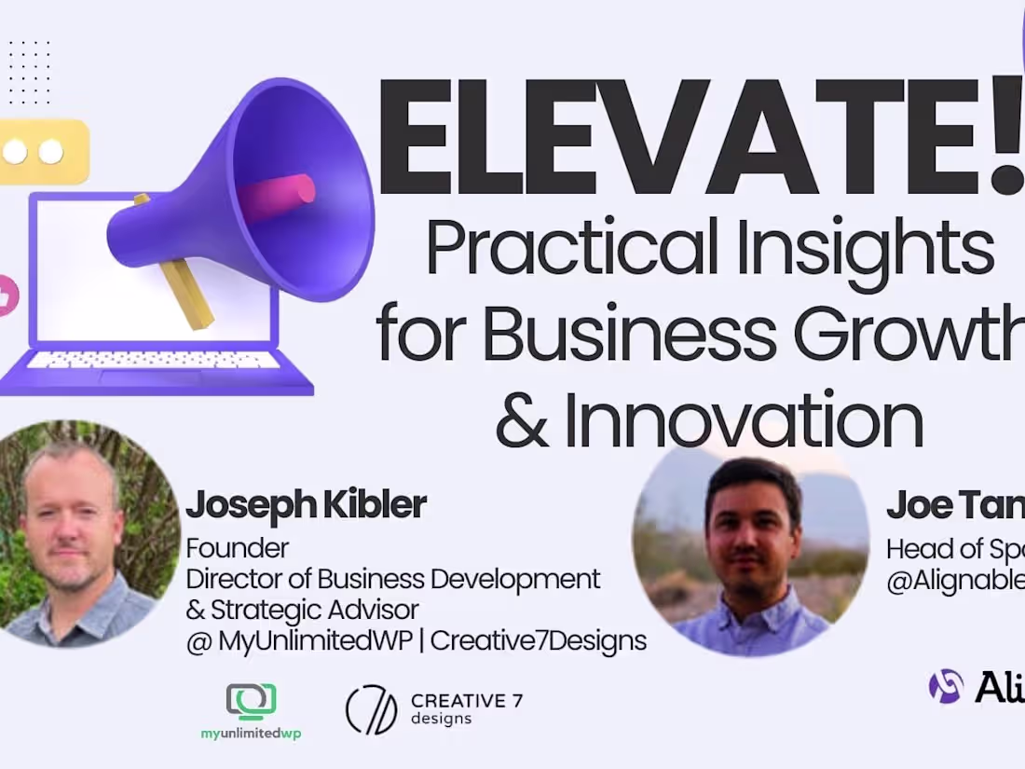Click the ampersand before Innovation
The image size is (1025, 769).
tap(523, 420)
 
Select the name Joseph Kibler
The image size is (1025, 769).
tap(306, 505)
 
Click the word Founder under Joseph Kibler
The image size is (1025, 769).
tap(238, 547)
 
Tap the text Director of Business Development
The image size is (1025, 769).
tap(392, 579)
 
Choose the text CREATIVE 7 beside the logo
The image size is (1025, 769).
tap(466, 700)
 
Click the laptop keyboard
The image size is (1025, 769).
tap(154, 359)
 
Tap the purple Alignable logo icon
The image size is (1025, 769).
tap(946, 686)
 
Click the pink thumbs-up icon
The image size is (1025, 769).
tap(7, 296)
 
